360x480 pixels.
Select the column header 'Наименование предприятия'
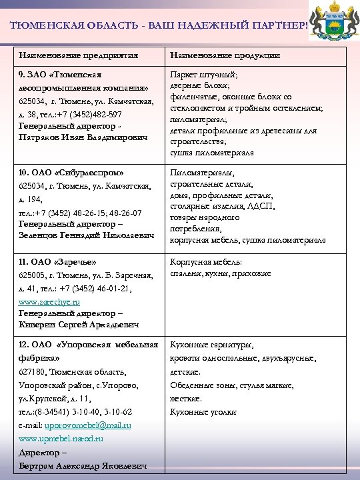(79, 55)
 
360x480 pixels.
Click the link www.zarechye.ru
(49, 301)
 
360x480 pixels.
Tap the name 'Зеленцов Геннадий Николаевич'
(85, 235)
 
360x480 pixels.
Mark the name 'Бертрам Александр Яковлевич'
(83, 465)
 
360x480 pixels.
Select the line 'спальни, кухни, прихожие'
(221, 273)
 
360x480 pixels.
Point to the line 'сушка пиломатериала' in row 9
(212, 152)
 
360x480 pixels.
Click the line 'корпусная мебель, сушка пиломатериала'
(247, 239)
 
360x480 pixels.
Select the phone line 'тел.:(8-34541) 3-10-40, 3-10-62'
(75, 411)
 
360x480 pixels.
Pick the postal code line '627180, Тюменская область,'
(73, 371)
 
